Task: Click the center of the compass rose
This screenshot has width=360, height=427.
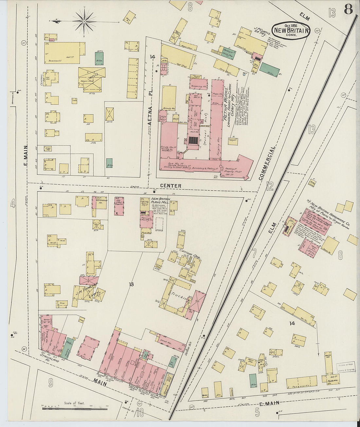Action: point(84,21)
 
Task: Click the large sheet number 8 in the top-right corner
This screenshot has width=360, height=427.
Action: point(348,10)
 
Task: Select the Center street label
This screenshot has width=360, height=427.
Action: point(171,186)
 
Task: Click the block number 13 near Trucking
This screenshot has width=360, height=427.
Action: point(131,285)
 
